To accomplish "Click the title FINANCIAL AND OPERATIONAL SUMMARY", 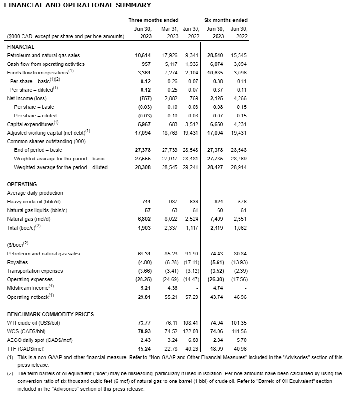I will [77, 5].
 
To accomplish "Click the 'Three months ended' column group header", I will [153, 20].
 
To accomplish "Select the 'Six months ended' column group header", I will [226, 20].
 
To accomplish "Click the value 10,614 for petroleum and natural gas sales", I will [143, 55].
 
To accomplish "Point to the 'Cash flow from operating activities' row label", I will [45, 64].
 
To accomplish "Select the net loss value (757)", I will [144, 98].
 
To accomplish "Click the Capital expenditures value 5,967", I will [144, 124].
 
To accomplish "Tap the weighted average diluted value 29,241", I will [191, 167].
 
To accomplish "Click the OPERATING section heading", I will [22, 184].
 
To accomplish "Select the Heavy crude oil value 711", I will [146, 202].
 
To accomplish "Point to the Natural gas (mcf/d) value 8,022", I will [171, 219].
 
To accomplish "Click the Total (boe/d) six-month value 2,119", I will [217, 228].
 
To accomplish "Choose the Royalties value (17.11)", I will [190, 262].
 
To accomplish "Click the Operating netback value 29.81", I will [144, 297].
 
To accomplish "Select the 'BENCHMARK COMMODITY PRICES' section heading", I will [50, 314].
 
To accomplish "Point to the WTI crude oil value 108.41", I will [190, 323].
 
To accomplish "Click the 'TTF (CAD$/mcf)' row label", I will [25, 349].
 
